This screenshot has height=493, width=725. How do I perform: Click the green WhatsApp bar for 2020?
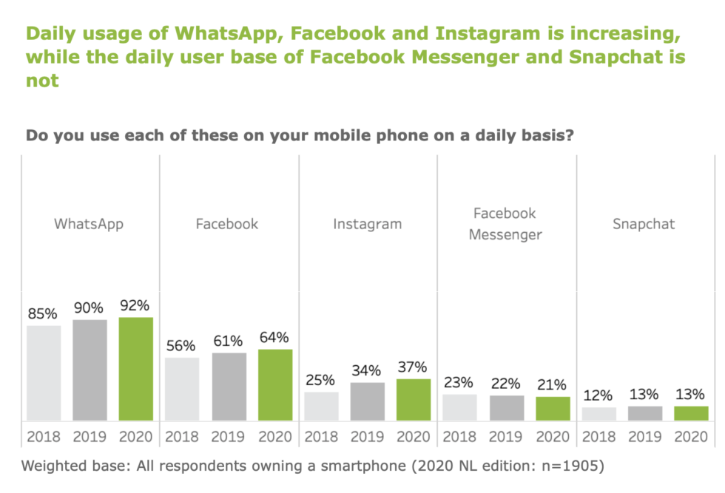135,369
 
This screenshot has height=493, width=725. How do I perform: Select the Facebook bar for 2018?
182,389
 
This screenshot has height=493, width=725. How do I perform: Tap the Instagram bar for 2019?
367,401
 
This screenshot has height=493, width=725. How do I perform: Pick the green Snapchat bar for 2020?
691,413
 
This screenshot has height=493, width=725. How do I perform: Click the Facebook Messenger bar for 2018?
459,407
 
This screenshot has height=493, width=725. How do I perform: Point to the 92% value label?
135,305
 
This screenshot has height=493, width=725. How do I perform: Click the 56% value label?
181,346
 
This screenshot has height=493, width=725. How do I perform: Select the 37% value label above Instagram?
413,367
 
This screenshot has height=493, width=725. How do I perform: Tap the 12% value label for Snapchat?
598,395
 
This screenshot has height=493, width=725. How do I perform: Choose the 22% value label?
505,384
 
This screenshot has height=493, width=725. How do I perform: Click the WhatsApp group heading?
89,224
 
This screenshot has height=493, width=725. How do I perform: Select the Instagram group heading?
367,224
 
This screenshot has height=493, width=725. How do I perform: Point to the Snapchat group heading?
644,224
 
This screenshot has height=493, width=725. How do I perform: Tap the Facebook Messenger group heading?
505,224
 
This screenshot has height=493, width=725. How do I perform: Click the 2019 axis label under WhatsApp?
90,436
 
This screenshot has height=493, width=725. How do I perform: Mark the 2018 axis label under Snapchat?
598,436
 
